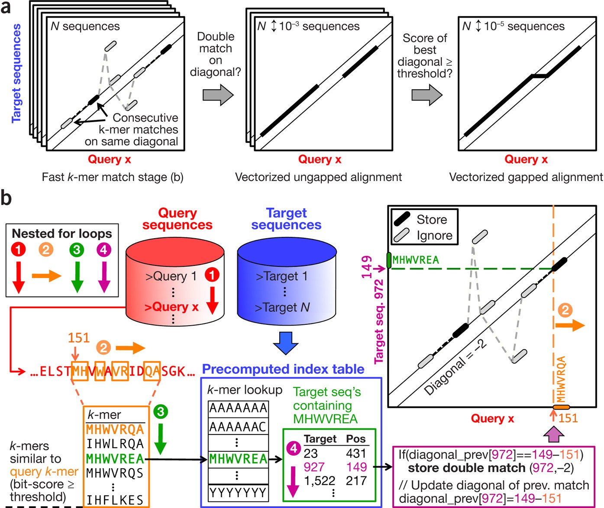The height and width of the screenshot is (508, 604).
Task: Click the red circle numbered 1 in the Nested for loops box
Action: point(19,249)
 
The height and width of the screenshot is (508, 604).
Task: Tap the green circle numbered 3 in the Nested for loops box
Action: point(76,249)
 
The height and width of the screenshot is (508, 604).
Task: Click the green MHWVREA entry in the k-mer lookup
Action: point(238,459)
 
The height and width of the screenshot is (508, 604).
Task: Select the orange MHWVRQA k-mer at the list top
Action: point(115,430)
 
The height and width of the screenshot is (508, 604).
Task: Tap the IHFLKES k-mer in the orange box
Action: point(115,500)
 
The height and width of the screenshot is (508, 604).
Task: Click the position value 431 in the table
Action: point(356,453)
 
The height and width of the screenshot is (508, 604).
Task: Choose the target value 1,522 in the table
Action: point(320,481)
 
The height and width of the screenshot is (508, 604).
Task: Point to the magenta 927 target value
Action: point(314,467)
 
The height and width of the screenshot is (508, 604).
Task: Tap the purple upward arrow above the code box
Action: point(554,434)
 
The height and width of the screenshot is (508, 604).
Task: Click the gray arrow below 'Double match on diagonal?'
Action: point(218,94)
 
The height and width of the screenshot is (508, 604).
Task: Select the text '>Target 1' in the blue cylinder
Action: point(281,276)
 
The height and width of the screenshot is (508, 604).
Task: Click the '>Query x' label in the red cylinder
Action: point(171,307)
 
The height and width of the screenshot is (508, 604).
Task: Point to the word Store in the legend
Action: point(432,220)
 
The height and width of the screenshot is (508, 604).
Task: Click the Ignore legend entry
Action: point(434,236)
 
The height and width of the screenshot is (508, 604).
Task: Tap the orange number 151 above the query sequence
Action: point(78,337)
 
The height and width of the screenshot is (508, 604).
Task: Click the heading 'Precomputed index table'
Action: point(283,369)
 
